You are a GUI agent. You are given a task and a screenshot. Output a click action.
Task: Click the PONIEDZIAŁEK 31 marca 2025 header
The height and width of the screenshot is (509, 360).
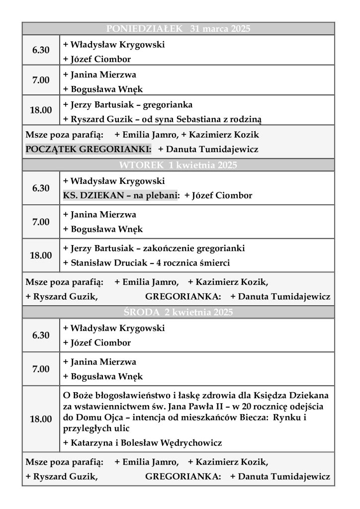[x=178, y=29]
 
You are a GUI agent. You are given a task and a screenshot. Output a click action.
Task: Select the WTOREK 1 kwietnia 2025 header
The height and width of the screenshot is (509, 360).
[x=178, y=165]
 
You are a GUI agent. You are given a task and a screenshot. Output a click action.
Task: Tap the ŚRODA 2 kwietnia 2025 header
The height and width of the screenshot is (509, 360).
[x=178, y=313]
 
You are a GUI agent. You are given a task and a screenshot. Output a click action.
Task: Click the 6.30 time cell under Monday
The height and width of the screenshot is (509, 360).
[x=41, y=50]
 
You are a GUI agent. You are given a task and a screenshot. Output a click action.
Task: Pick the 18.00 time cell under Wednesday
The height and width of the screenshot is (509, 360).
[x=41, y=419]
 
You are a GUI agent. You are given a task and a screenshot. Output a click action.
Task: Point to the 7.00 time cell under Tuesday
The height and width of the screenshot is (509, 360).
[x=41, y=222]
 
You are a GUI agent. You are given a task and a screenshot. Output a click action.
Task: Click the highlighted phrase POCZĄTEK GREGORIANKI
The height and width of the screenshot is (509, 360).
[x=89, y=149]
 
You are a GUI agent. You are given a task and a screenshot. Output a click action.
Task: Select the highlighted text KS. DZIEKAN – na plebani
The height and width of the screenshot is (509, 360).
[x=121, y=196]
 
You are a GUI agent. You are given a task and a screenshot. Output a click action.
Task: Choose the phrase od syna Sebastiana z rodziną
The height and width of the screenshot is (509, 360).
[x=212, y=119]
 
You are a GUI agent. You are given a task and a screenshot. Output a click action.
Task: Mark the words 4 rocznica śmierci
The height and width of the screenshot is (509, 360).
[x=197, y=263]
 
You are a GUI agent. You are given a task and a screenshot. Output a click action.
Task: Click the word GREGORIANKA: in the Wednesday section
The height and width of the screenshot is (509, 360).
[x=183, y=477]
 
